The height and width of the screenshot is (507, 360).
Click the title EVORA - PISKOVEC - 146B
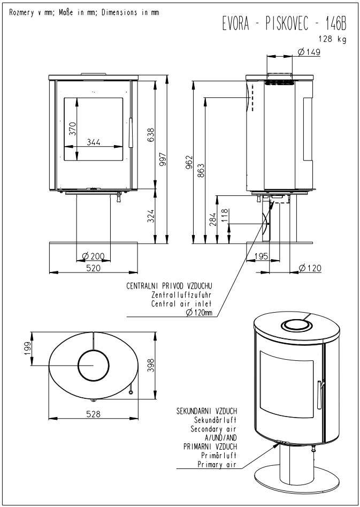[284, 24]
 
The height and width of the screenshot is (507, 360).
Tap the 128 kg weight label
[332, 39]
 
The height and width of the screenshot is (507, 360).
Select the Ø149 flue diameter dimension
[308, 52]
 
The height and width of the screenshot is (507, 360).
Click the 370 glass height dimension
[73, 128]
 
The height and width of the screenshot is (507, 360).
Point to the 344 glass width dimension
[94, 142]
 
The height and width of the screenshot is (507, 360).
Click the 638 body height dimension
[151, 135]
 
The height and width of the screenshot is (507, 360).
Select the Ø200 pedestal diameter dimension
[94, 256]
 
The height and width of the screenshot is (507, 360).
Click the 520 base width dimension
[94, 268]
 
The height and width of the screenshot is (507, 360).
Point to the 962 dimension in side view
[190, 163]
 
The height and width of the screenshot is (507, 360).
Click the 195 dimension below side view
[262, 256]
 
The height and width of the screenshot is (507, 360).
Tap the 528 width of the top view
[94, 414]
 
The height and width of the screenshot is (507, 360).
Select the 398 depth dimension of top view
[151, 365]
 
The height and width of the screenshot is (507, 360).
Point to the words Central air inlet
[182, 304]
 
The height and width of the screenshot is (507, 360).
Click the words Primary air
[217, 465]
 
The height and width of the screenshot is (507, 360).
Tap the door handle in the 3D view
[319, 394]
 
